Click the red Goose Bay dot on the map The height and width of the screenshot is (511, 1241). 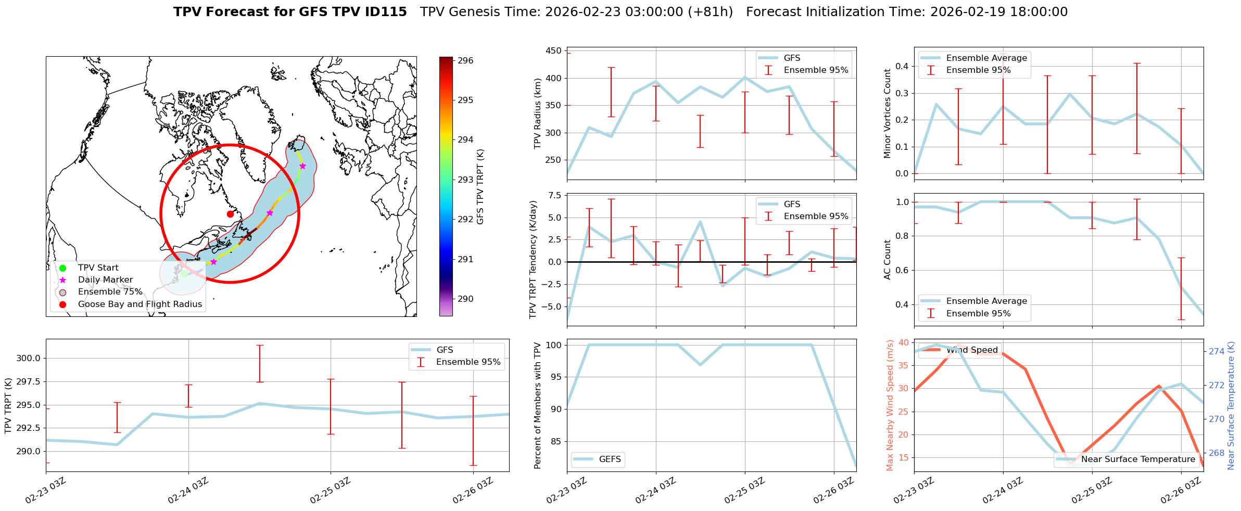(230, 214)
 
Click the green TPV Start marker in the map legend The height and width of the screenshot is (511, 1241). (63, 268)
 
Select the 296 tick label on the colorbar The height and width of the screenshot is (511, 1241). (465, 60)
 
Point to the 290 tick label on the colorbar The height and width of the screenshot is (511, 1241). (465, 299)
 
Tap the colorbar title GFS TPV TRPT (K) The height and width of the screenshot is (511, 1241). (480, 187)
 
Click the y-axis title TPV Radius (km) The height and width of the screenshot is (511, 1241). (538, 113)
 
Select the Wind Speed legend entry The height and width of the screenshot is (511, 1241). (971, 350)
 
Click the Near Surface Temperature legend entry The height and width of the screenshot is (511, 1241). (1138, 459)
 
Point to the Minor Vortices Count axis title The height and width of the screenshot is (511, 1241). (888, 113)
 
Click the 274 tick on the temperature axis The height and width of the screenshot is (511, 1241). (1217, 351)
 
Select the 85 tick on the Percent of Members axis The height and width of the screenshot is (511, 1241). (555, 441)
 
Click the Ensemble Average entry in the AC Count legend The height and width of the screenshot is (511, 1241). (986, 301)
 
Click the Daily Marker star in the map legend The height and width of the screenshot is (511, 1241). (63, 280)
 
